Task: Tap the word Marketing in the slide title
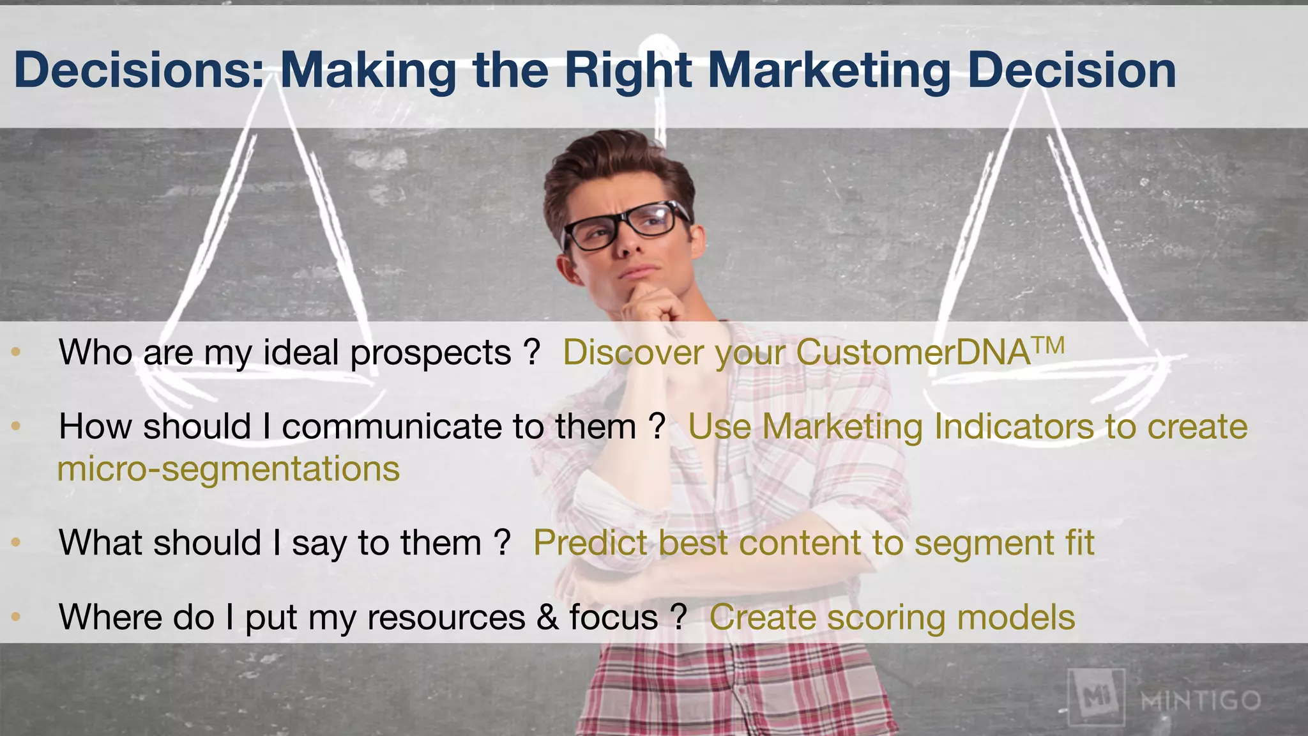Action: (x=829, y=71)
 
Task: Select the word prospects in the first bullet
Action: (x=430, y=353)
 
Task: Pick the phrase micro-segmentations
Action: (x=229, y=469)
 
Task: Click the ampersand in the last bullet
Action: (x=547, y=618)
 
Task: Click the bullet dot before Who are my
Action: (x=17, y=351)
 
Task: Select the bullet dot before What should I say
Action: (x=17, y=542)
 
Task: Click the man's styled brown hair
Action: (x=613, y=166)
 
